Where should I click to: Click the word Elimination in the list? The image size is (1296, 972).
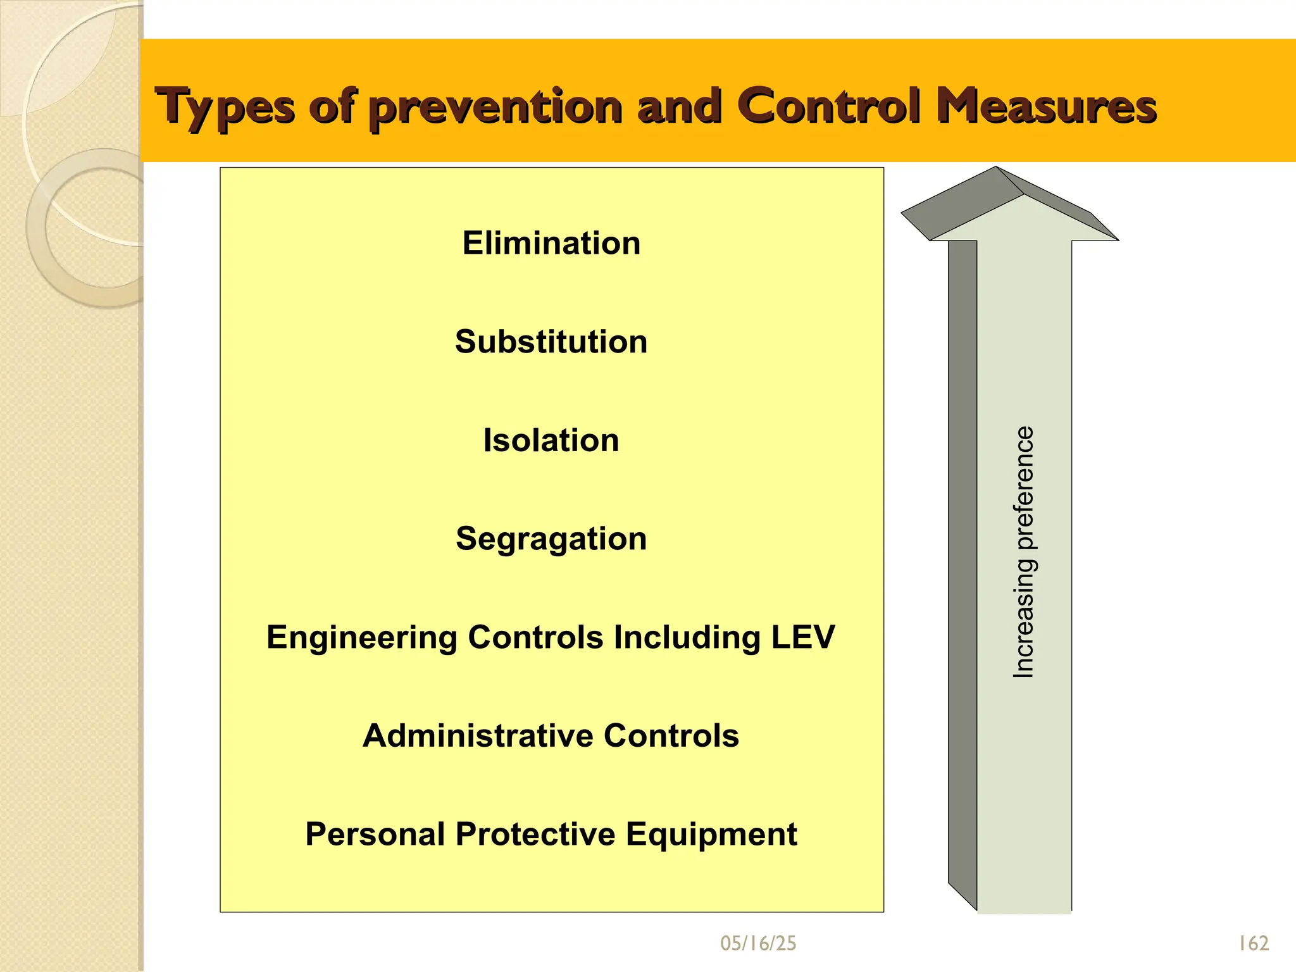point(551,243)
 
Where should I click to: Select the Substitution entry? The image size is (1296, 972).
point(551,342)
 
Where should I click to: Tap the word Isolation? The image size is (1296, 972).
point(551,440)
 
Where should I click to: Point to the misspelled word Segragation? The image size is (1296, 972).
point(551,539)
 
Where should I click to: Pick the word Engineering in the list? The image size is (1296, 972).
point(361,637)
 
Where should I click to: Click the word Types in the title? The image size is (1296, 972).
point(225,107)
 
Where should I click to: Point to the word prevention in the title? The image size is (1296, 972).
point(495,107)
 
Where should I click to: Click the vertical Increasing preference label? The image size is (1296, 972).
point(1023,552)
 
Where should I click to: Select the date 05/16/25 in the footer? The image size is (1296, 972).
point(758,944)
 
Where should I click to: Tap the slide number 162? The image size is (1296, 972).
point(1253,944)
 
